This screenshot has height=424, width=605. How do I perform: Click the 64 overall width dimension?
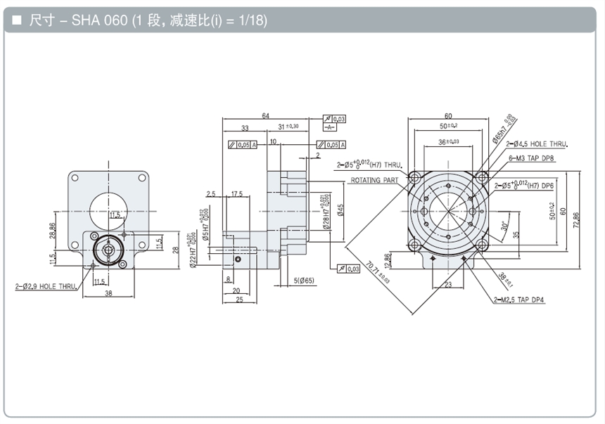(265, 116)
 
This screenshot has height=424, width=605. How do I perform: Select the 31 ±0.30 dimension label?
(288, 127)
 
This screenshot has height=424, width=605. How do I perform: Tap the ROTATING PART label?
(374, 181)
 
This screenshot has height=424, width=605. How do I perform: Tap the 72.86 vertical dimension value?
(578, 225)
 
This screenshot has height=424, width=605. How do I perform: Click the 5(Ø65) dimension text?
(305, 282)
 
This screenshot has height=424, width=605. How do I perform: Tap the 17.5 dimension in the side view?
(236, 193)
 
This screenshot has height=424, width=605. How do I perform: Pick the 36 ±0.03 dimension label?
(447, 141)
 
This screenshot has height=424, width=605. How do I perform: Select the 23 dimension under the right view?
(448, 285)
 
